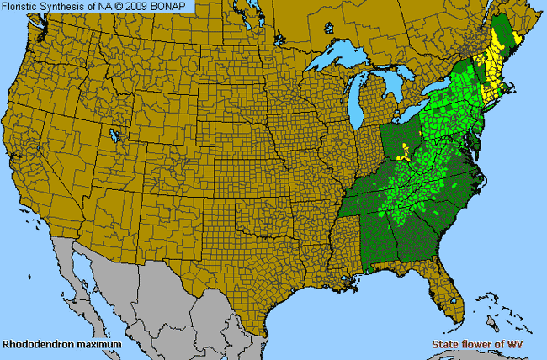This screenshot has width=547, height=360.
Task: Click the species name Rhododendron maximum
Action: [x=61, y=345]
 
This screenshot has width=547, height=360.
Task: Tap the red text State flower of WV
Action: [x=487, y=345]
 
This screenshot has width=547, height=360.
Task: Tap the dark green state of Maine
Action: [x=508, y=34]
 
